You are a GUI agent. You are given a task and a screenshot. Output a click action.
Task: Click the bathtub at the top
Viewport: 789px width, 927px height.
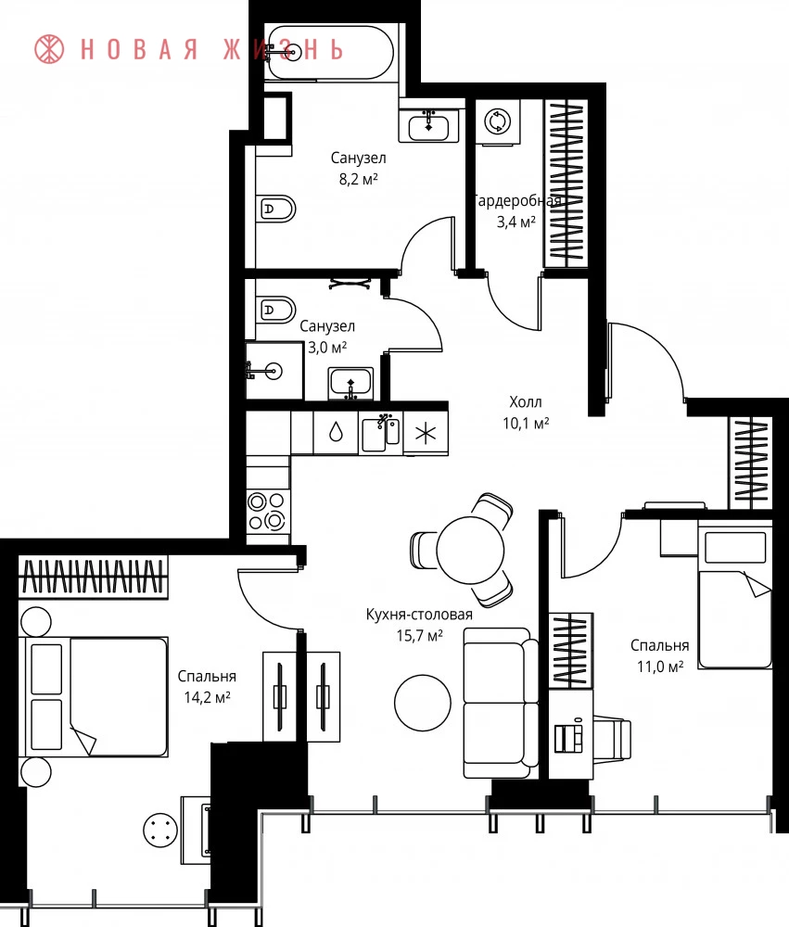click(329, 52)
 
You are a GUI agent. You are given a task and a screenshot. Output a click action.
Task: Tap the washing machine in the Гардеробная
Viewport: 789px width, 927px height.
click(498, 121)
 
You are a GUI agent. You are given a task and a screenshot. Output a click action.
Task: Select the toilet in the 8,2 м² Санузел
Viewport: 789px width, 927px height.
click(275, 209)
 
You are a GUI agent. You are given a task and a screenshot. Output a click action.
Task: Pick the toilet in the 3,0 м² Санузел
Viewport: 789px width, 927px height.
click(275, 310)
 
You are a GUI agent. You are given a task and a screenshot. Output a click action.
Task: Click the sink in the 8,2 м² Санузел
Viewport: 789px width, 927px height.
click(428, 126)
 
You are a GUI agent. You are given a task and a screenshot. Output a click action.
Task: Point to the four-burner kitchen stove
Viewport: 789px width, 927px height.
click(267, 512)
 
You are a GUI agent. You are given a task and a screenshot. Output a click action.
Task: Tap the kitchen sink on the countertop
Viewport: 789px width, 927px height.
click(380, 433)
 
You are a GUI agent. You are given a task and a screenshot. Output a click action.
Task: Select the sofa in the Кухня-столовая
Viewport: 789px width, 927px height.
click(501, 703)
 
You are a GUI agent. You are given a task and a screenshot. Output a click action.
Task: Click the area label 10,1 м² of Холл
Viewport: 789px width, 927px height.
click(526, 424)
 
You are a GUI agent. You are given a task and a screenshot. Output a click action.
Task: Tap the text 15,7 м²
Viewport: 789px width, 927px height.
click(419, 636)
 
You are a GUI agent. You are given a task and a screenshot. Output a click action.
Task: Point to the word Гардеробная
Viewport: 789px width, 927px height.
click(517, 201)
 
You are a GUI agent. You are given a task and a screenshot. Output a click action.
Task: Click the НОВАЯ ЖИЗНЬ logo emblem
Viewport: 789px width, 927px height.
click(49, 49)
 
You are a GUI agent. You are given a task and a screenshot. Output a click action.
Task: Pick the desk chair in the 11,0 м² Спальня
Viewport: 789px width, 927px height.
click(612, 738)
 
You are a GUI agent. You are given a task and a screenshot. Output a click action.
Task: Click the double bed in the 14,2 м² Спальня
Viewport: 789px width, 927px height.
click(94, 696)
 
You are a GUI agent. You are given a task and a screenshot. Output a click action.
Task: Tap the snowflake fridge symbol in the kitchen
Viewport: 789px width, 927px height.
click(426, 433)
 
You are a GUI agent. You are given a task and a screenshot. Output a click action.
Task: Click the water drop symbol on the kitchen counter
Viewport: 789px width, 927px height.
click(336, 432)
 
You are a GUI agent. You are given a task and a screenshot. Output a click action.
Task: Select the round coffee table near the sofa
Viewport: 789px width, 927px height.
click(422, 703)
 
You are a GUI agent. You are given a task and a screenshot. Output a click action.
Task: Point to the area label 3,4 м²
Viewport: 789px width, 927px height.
click(516, 222)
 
